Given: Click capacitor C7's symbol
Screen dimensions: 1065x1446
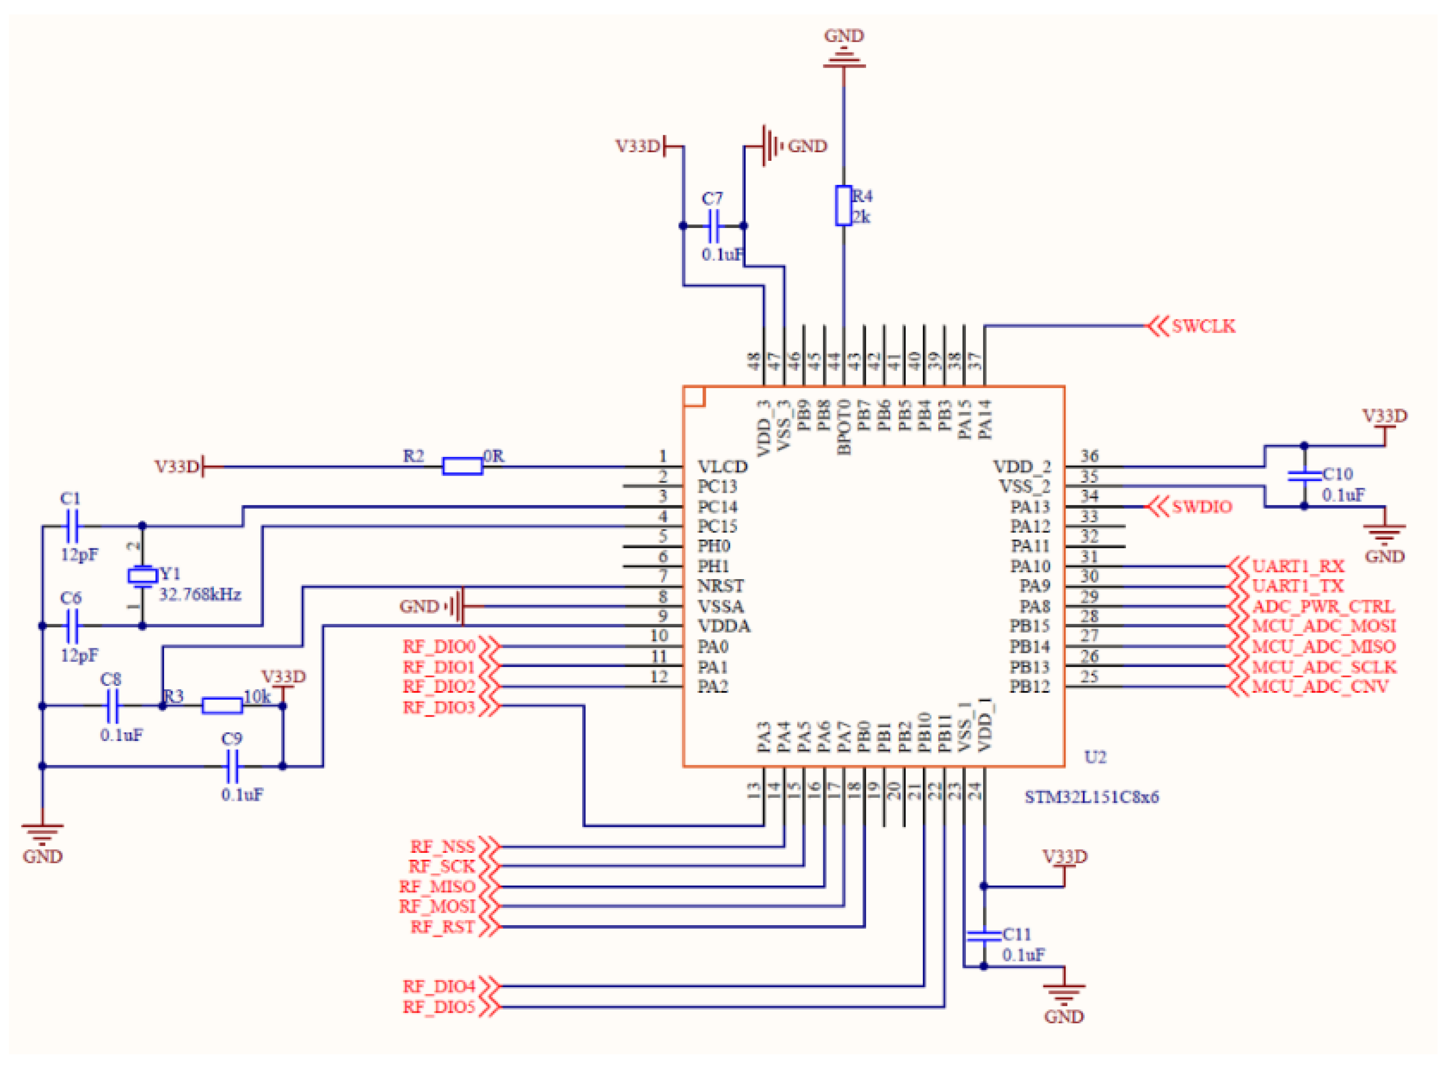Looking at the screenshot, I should point(713,226).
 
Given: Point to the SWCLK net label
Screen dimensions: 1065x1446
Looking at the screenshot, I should point(1202,326).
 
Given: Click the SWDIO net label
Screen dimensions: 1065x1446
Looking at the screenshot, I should point(1201,507).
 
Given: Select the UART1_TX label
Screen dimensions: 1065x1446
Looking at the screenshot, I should point(1297,586).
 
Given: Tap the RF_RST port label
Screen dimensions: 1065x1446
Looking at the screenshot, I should point(443,927).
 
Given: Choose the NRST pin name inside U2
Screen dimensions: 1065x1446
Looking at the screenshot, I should point(720,586).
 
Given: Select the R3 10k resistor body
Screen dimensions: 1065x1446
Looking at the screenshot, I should point(222,706).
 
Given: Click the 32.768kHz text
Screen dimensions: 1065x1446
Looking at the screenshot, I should point(200,595).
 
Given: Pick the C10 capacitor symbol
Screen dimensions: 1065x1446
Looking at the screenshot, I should point(1303,476).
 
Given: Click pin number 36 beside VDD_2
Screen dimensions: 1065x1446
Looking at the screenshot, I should point(1089,456).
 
